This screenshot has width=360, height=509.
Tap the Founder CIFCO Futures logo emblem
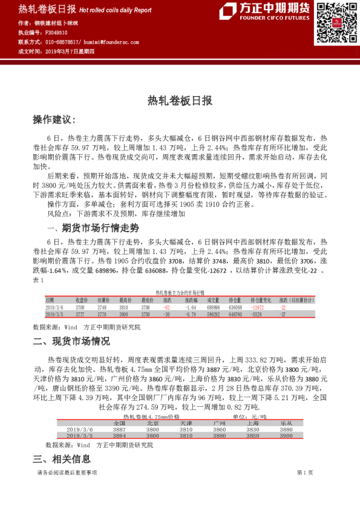(x=228, y=11)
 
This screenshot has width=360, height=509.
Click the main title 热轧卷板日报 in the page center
(x=180, y=102)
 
